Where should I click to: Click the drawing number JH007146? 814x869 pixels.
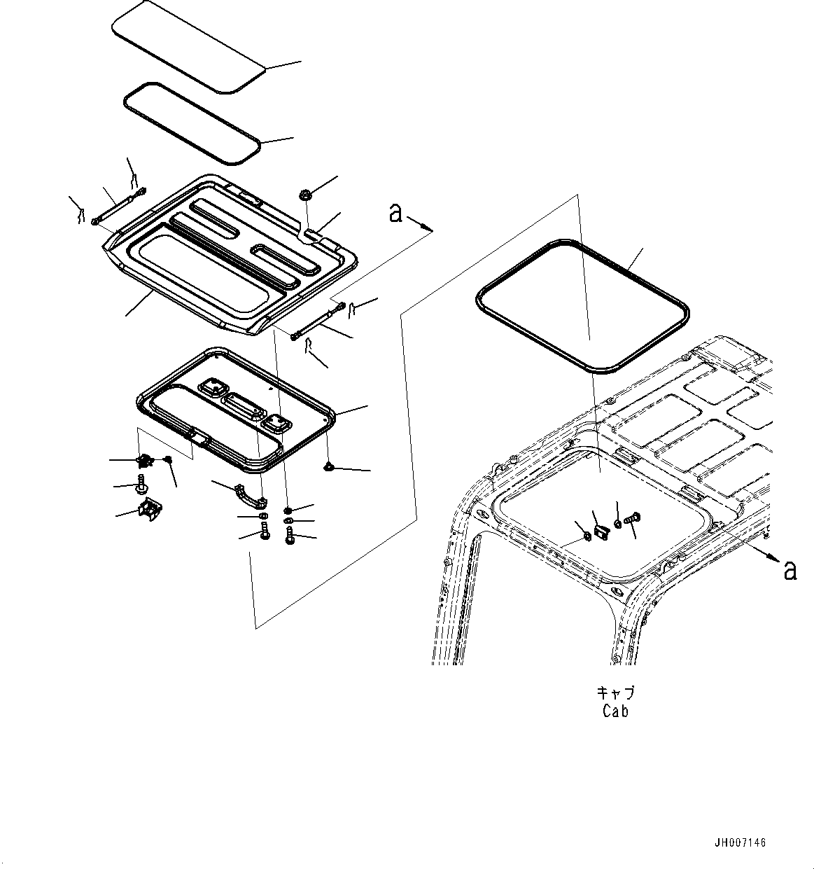[740, 842]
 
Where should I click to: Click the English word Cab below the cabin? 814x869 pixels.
[615, 711]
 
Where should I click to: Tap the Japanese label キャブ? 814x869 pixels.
[615, 693]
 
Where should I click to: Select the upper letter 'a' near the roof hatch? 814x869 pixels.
[396, 213]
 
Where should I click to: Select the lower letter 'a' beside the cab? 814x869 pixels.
[790, 571]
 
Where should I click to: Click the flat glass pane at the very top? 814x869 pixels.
[189, 45]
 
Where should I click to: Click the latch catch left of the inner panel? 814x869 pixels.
[145, 460]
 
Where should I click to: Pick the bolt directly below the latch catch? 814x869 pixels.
[142, 483]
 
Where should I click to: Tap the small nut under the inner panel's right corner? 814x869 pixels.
[329, 466]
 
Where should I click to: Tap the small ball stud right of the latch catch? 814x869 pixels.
[168, 459]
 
